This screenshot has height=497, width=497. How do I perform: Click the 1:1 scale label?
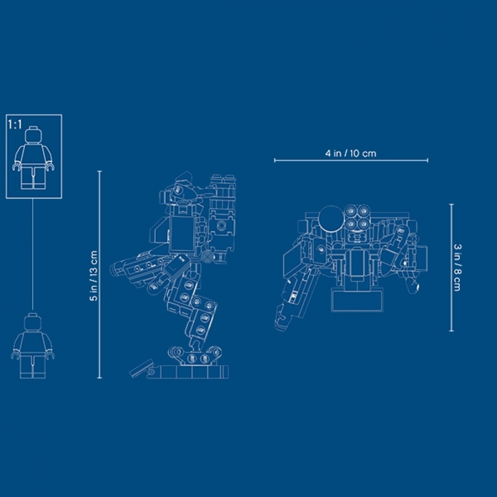tap(15, 124)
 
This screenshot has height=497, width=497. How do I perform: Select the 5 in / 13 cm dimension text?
tap(94, 275)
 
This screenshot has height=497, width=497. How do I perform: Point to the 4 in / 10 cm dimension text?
tap(351, 153)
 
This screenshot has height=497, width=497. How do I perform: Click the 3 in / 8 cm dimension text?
tap(457, 267)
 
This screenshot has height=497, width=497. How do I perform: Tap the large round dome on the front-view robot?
tap(331, 219)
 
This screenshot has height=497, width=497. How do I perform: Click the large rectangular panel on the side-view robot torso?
tap(182, 233)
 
